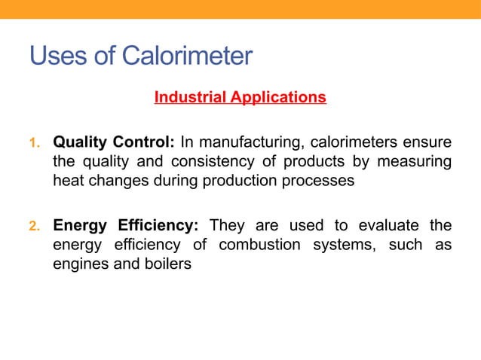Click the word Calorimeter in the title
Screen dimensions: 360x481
(188, 56)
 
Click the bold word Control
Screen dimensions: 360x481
(146, 142)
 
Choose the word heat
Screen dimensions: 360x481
(67, 181)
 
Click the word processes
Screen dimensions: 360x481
(318, 181)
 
